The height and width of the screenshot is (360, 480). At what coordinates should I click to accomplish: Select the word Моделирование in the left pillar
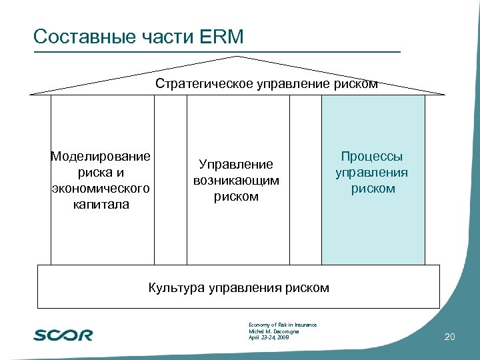(x=101, y=157)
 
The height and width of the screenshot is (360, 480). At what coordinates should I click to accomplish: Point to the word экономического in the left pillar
(x=101, y=189)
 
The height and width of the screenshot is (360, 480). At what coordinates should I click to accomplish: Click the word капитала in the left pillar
(x=101, y=205)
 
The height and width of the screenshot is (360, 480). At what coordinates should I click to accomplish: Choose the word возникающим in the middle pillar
(x=236, y=181)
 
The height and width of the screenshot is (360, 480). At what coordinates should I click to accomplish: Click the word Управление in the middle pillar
(x=236, y=165)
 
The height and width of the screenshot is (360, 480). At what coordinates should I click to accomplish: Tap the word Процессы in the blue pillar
(x=372, y=157)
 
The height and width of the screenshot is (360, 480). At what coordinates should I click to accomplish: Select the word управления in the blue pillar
(x=372, y=173)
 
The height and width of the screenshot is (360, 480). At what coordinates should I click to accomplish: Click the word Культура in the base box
(x=177, y=288)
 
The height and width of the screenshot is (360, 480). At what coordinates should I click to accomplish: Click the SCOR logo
(x=63, y=335)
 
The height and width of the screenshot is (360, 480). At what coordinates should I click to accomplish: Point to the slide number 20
(x=449, y=338)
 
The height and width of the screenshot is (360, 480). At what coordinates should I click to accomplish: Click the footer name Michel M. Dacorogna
(x=273, y=331)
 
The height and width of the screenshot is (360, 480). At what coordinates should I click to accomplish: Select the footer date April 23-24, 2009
(x=269, y=338)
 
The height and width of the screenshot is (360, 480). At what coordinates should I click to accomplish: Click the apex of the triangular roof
(x=239, y=57)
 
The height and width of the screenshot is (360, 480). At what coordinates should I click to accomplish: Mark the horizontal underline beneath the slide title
(x=217, y=51)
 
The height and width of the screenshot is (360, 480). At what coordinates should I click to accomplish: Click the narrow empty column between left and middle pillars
(x=170, y=180)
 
